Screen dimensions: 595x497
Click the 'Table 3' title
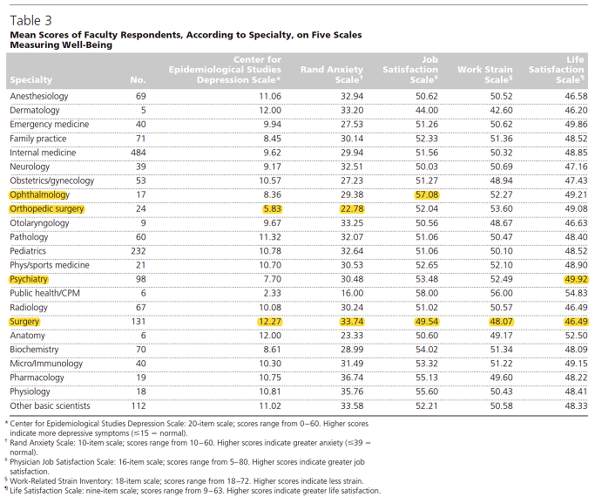tap(30, 21)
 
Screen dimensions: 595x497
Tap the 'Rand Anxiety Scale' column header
tap(332, 74)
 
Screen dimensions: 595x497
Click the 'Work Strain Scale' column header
tap(484, 74)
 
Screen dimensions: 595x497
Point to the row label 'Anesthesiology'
tap(39, 97)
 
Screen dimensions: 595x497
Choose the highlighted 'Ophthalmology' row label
tap(39, 195)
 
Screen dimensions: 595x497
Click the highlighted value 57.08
tap(427, 194)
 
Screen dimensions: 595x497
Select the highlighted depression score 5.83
tap(272, 208)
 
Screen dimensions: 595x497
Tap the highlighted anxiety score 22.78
tap(352, 208)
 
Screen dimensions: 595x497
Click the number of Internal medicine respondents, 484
tap(139, 153)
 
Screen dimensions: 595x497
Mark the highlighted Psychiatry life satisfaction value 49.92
tap(576, 279)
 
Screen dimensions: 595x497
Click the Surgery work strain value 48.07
tap(501, 322)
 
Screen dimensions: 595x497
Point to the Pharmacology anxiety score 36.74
tap(352, 378)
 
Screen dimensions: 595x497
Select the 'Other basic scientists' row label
tap(50, 405)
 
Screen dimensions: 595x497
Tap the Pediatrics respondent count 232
tap(139, 251)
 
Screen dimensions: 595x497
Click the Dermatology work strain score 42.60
tap(501, 111)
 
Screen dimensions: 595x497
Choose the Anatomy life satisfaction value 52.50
tap(576, 336)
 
